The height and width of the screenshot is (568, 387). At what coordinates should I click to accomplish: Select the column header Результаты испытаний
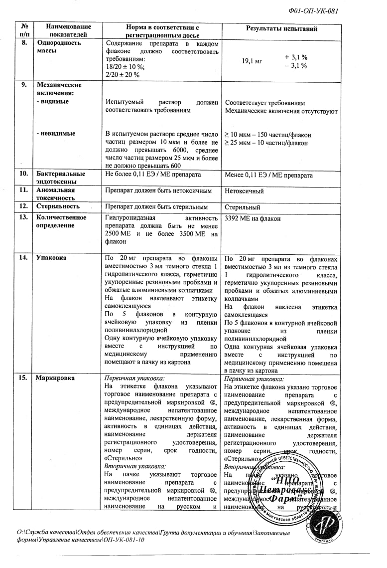click(281, 29)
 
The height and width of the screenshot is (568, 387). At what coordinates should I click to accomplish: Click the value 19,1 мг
click(252, 61)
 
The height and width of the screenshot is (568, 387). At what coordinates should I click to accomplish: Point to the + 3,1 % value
click(296, 57)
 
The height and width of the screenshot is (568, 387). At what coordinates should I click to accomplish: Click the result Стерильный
click(242, 207)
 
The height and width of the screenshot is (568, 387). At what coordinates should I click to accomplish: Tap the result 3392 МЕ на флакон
click(253, 218)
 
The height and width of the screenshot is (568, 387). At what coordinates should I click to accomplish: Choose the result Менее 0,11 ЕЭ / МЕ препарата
click(269, 176)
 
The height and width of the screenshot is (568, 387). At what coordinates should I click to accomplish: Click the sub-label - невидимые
click(56, 134)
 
